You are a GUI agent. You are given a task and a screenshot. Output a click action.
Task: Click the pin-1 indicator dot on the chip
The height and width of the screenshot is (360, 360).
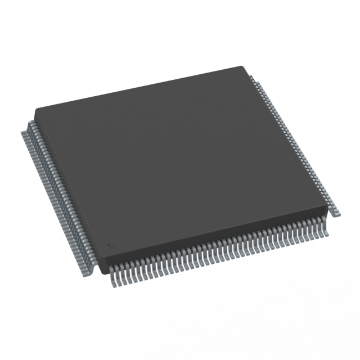(111, 245)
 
